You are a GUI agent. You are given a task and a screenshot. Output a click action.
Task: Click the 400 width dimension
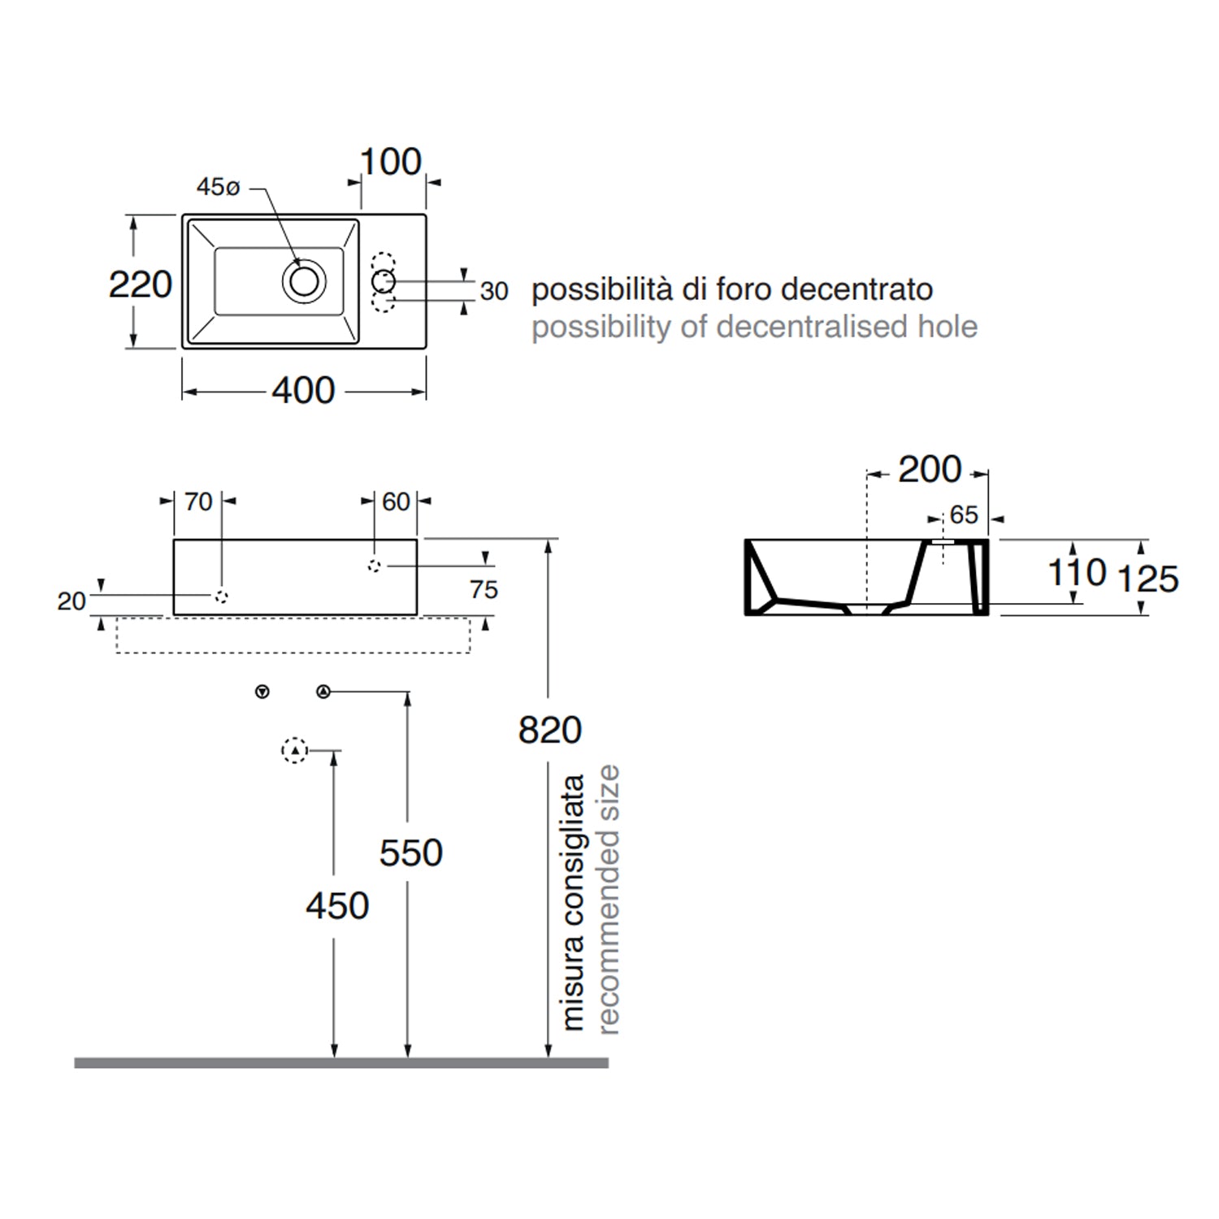pyautogui.click(x=303, y=391)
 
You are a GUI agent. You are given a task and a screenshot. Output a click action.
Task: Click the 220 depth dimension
pyautogui.click(x=141, y=284)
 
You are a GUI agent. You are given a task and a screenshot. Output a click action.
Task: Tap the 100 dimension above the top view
pyautogui.click(x=391, y=162)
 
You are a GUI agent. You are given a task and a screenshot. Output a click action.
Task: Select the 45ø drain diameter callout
pyautogui.click(x=218, y=187)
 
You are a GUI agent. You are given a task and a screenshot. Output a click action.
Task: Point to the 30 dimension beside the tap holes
pyautogui.click(x=494, y=291)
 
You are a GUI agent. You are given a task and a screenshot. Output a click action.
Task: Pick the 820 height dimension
pyautogui.click(x=550, y=730)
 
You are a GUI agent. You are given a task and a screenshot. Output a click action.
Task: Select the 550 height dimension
pyautogui.click(x=411, y=852)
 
